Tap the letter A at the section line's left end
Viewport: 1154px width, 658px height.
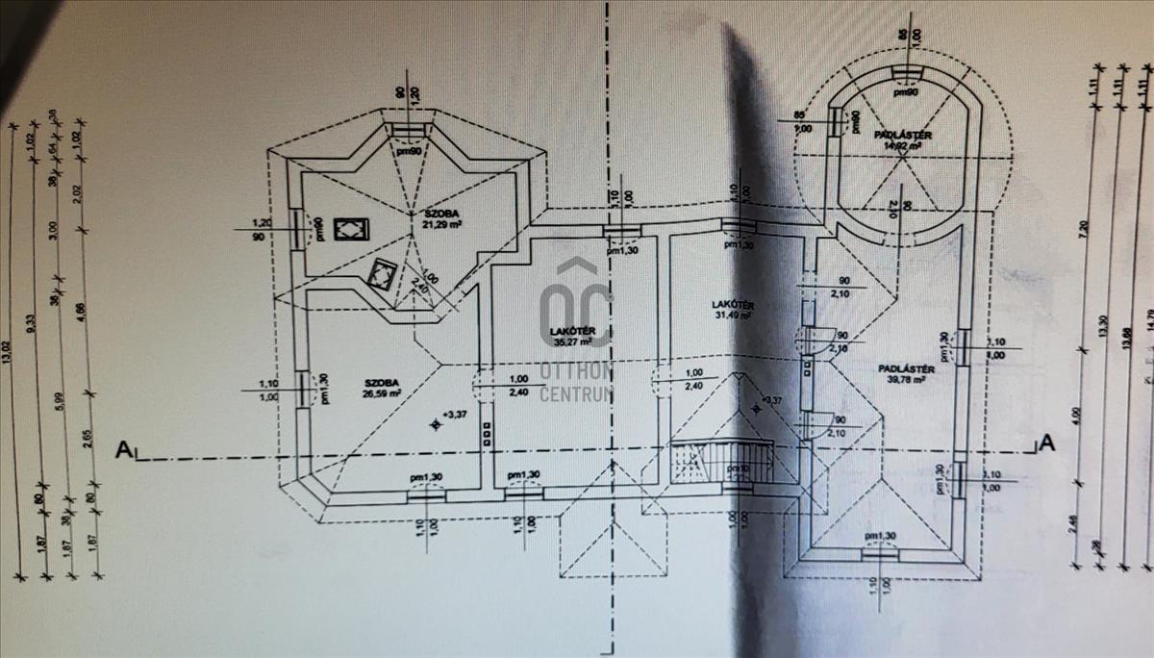[122, 448]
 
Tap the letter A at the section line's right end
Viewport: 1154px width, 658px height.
[1047, 443]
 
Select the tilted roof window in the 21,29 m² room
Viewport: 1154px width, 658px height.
[381, 274]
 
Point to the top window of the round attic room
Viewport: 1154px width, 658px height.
[905, 75]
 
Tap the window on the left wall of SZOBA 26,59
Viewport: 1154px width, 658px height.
[305, 390]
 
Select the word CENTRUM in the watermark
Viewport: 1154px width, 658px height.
[578, 393]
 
